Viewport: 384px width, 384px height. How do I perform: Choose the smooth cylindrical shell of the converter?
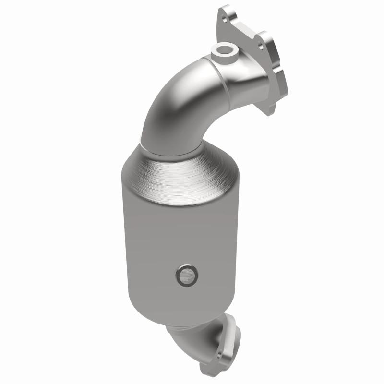(x=158, y=240)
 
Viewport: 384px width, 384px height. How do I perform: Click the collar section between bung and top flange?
(x=245, y=77)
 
